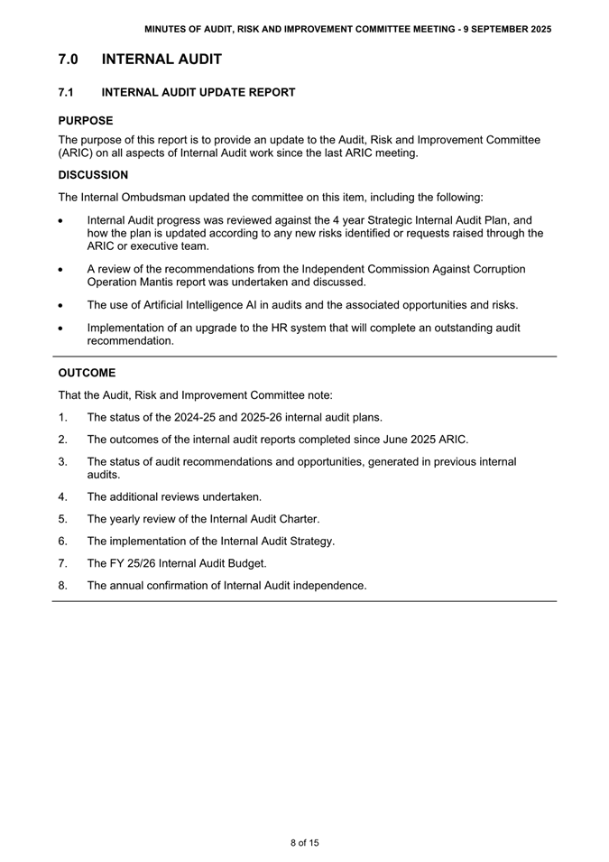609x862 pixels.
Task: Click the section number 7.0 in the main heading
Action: [68, 60]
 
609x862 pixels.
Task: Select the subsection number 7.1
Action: [65, 92]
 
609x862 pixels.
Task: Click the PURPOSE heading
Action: [86, 120]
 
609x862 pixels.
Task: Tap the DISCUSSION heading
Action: [93, 175]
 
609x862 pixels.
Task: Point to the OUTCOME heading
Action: [87, 373]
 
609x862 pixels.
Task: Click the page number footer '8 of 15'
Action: [304, 843]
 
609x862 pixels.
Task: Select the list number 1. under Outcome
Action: [63, 417]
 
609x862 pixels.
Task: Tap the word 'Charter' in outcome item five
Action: [295, 519]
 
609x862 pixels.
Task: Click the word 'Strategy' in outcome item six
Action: [309, 542]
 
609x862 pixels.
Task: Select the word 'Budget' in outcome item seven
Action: [244, 563]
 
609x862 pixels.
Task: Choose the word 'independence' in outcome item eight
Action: [328, 586]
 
